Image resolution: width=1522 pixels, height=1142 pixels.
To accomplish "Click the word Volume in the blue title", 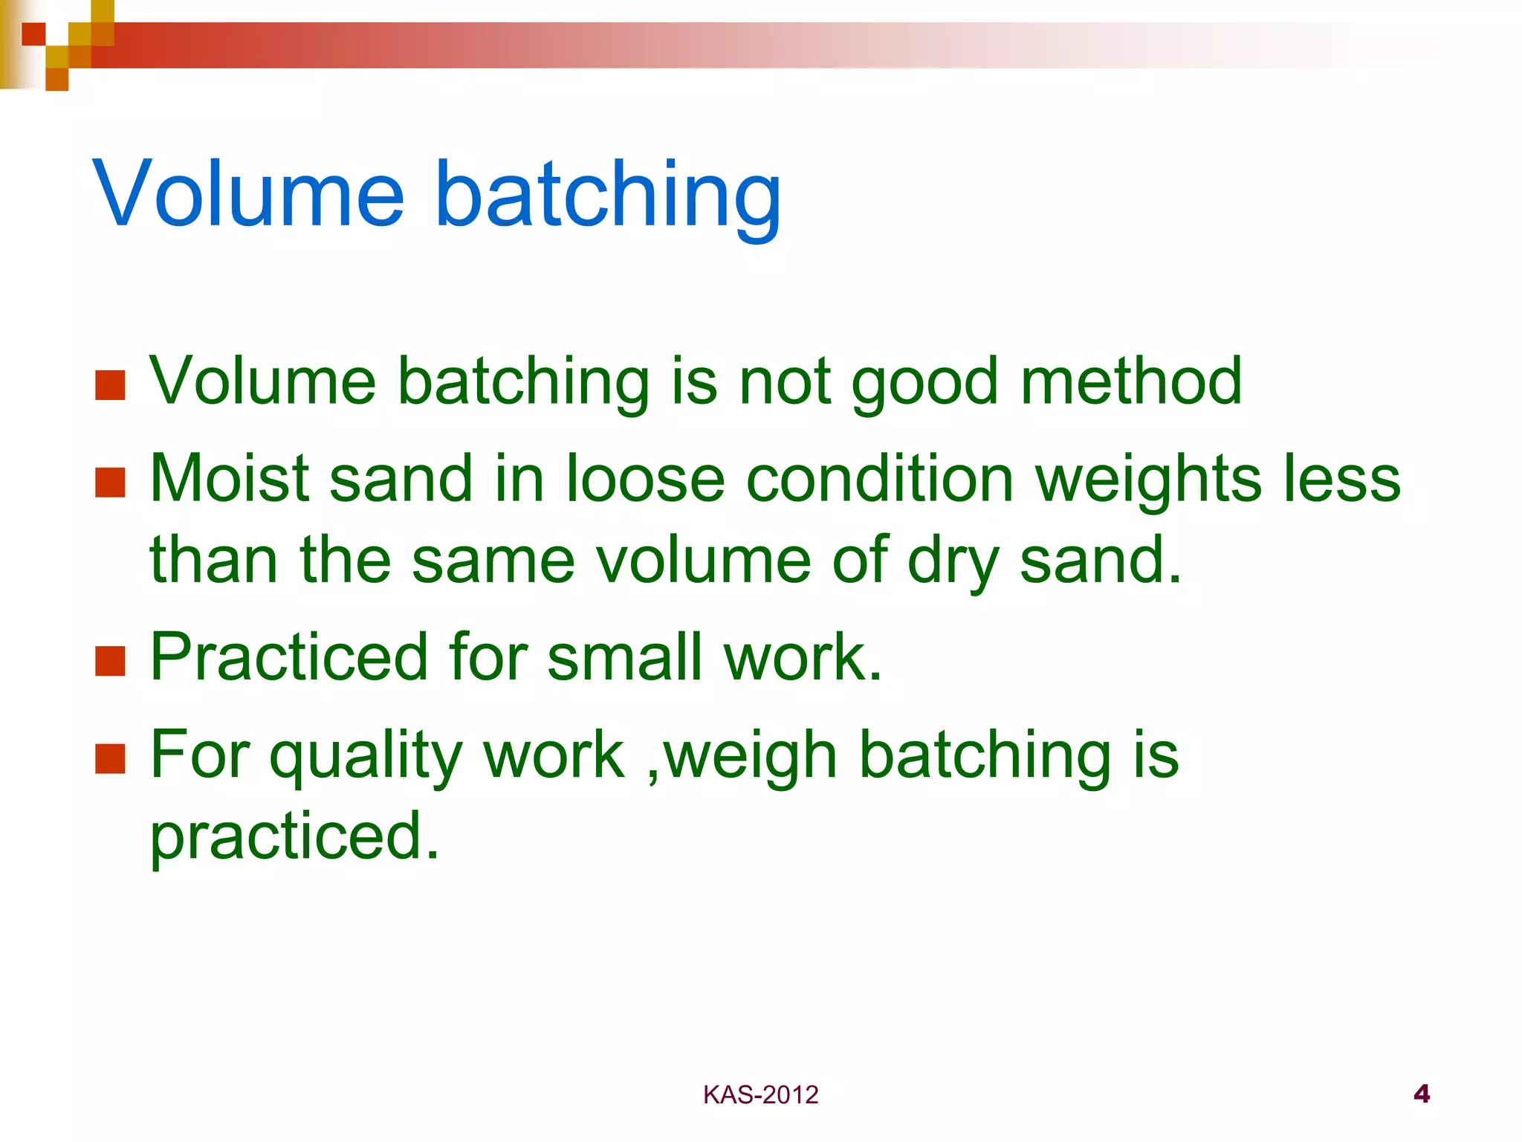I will tap(249, 195).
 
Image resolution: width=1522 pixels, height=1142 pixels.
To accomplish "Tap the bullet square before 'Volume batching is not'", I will tap(110, 385).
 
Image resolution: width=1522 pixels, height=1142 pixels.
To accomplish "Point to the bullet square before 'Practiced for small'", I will tap(110, 660).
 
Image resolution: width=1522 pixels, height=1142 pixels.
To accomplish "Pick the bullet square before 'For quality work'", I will tap(110, 758).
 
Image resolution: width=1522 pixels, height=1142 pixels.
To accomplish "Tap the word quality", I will tap(366, 757).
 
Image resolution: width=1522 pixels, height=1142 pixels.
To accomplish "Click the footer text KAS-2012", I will tap(760, 1095).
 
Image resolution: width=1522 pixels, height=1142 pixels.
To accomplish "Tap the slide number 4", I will tap(1421, 1094).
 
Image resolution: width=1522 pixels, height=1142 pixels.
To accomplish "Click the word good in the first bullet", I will tap(925, 383).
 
